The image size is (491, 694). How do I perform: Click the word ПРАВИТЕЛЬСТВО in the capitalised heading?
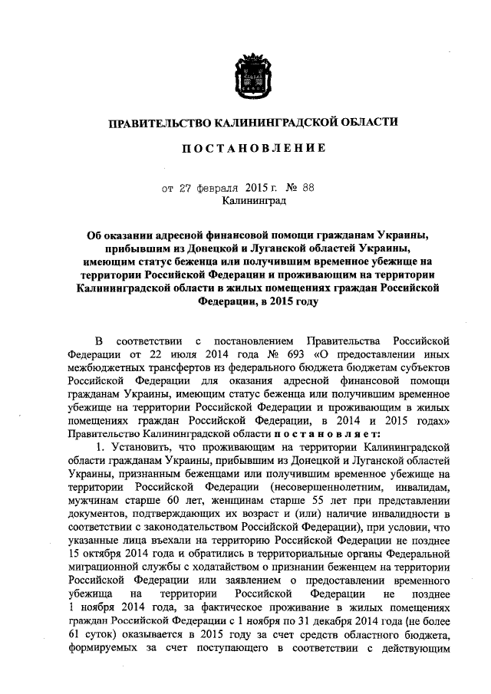pos(156,122)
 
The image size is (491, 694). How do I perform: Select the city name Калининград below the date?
pos(253,201)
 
